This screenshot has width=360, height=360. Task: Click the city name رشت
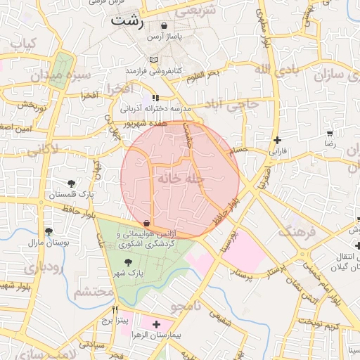[127, 22]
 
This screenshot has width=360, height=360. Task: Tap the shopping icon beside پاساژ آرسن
[164, 26]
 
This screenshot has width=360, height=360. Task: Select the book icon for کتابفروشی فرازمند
[154, 60]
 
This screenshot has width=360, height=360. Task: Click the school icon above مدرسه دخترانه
[155, 97]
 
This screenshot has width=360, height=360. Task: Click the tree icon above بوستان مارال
[49, 231]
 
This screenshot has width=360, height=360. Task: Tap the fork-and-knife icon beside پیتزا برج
[115, 309]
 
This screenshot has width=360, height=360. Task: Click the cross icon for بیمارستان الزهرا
[157, 324]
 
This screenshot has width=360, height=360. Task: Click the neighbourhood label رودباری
[39, 268]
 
